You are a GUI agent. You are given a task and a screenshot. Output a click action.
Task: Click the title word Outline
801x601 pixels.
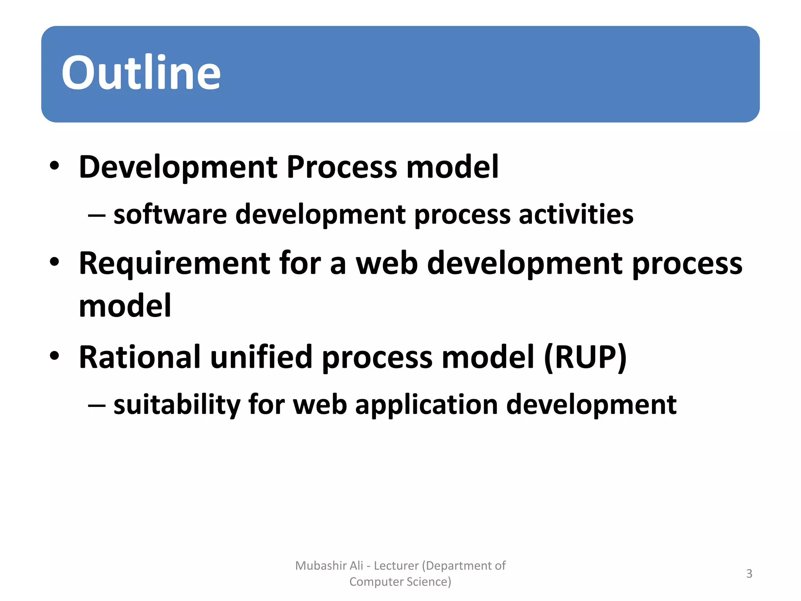141,73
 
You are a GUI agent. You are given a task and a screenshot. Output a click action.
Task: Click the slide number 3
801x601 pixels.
749,574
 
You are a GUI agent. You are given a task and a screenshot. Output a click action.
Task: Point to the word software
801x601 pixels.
170,215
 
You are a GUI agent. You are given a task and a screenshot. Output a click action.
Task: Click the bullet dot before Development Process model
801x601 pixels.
54,166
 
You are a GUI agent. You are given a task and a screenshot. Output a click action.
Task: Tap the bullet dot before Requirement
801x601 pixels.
54,262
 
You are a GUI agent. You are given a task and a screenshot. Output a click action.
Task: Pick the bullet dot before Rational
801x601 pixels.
54,356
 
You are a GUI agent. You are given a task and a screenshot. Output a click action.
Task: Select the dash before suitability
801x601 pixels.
97,405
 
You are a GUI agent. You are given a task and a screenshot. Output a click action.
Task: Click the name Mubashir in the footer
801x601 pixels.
321,566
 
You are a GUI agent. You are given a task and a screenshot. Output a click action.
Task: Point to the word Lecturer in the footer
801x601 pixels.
396,566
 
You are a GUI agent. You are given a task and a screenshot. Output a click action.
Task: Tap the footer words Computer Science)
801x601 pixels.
400,582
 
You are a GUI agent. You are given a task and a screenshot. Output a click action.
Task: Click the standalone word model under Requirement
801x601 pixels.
125,306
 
